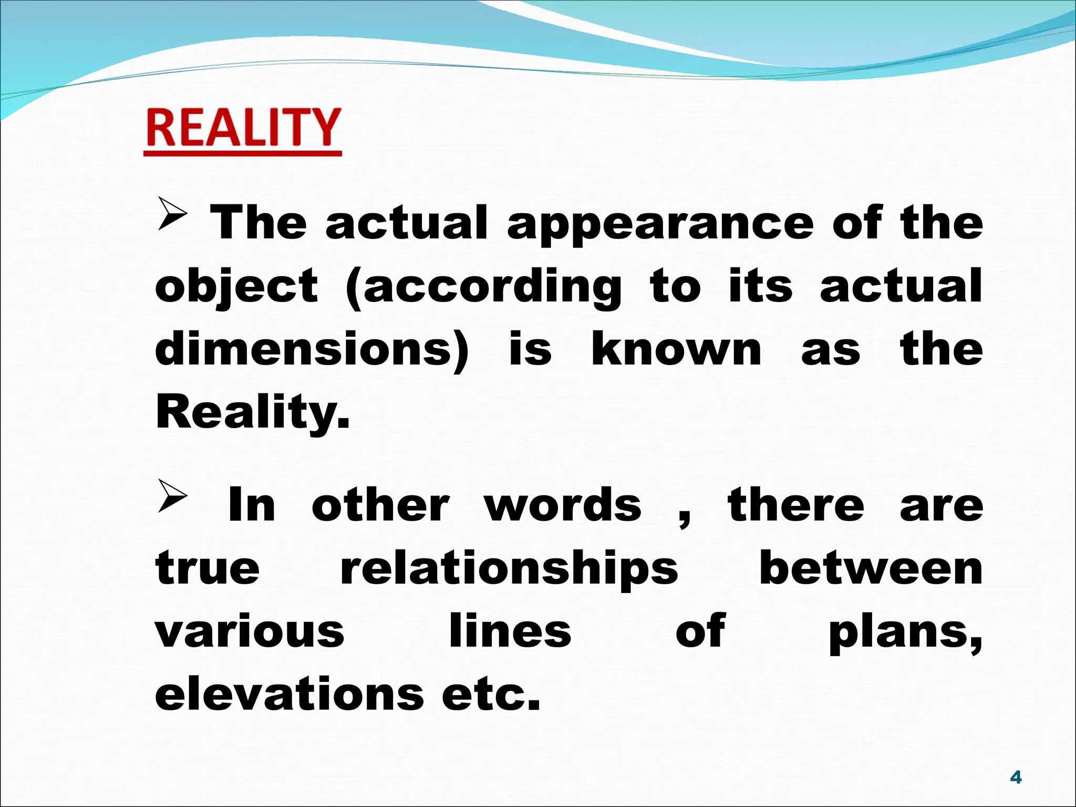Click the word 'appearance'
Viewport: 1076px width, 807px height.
pyautogui.click(x=660, y=224)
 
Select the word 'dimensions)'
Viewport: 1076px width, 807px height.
pyautogui.click(x=312, y=350)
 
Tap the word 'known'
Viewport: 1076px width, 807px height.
pyautogui.click(x=676, y=350)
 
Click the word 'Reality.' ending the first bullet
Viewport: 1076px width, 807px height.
pyautogui.click(x=252, y=413)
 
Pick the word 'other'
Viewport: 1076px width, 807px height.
pyautogui.click(x=380, y=505)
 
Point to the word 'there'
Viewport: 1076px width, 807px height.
pyautogui.click(x=795, y=505)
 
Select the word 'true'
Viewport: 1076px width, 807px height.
pyautogui.click(x=208, y=568)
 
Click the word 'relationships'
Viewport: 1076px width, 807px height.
pyautogui.click(x=509, y=570)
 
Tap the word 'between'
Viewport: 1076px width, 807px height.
pyautogui.click(x=871, y=568)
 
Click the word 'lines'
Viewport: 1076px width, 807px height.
pyautogui.click(x=510, y=632)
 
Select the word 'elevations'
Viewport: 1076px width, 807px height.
pyautogui.click(x=289, y=695)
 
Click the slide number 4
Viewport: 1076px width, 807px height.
pyautogui.click(x=1016, y=778)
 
